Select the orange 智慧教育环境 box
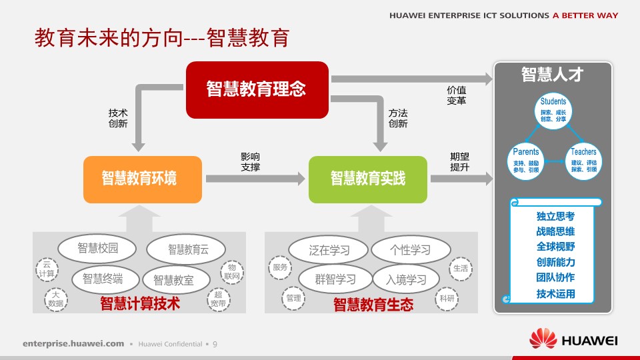[x=142, y=179]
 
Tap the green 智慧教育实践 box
[x=367, y=179]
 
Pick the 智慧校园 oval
[x=97, y=249]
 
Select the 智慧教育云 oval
[x=188, y=250]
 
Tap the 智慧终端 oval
[x=102, y=279]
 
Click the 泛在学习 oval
[x=329, y=250]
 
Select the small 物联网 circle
[x=231, y=270]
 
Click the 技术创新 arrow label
[x=118, y=118]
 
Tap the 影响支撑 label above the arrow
[x=250, y=161]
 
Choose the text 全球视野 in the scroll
[x=555, y=246]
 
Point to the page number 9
[x=215, y=344]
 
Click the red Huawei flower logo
[x=543, y=339]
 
